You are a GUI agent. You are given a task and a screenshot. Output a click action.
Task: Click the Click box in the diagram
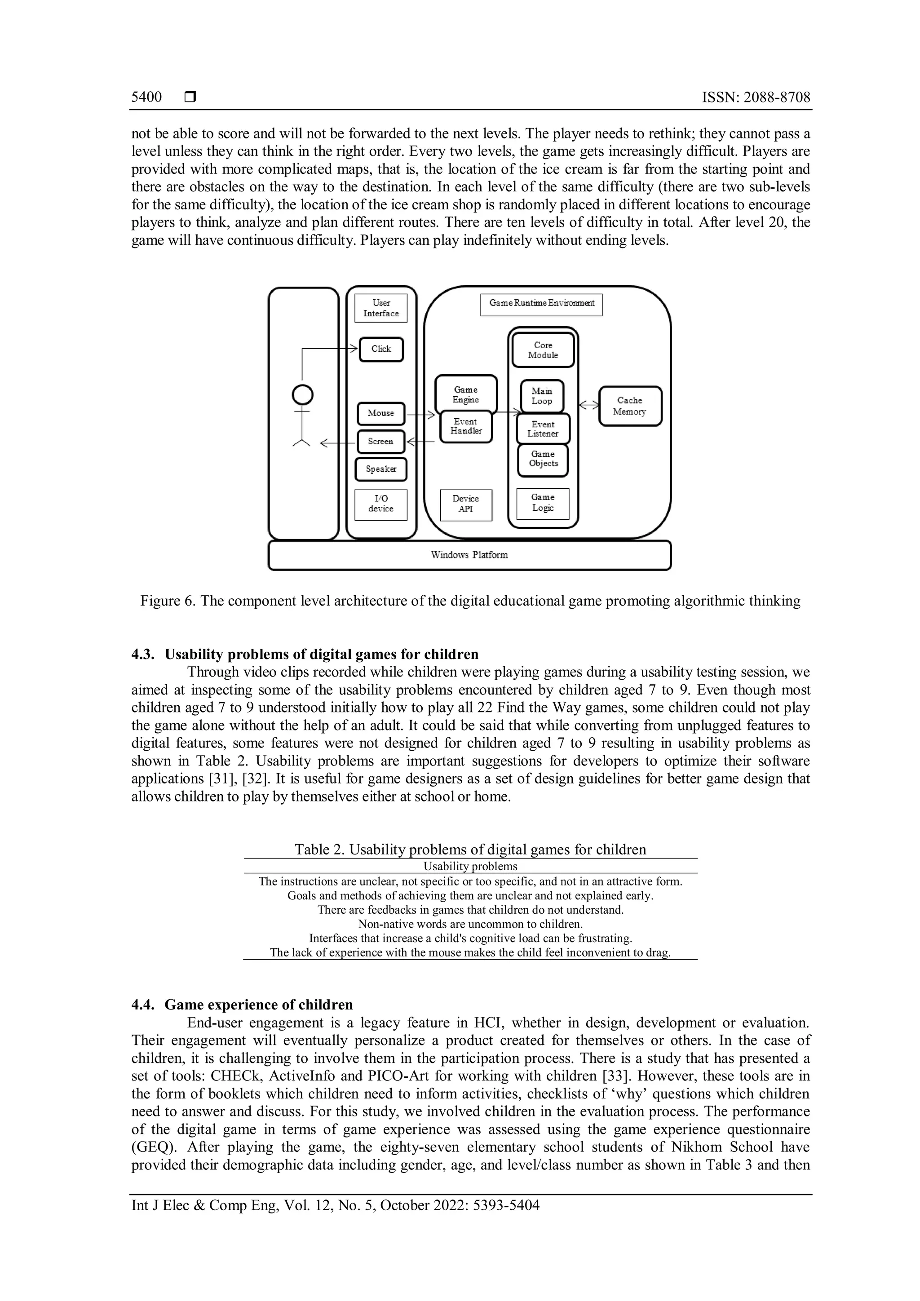point(381,349)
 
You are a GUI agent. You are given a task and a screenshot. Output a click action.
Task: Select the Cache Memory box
point(630,406)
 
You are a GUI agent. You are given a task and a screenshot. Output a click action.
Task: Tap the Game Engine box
point(466,394)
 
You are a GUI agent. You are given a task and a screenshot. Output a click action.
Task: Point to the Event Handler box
point(466,427)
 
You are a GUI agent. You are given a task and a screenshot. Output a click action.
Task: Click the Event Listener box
point(543,429)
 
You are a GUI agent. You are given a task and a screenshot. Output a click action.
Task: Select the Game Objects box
point(543,459)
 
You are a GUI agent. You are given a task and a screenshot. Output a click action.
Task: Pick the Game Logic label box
point(542,503)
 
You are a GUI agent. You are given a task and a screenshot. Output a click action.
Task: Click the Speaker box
point(380,469)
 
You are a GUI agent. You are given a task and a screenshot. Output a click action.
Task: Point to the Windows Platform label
point(469,555)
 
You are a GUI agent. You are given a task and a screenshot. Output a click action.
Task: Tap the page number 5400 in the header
point(147,97)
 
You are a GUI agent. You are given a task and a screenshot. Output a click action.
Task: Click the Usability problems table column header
point(470,867)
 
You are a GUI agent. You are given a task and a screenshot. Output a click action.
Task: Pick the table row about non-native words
point(470,924)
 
